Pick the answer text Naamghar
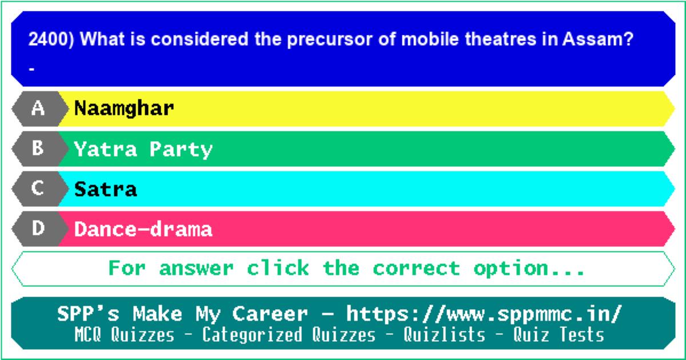124,109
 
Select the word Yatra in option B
105,149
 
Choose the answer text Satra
105,189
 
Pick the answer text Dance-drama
143,229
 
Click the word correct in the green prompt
416,268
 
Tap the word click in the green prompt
278,267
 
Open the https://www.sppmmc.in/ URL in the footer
484,314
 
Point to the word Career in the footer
270,314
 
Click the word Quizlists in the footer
444,334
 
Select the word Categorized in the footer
252,335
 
